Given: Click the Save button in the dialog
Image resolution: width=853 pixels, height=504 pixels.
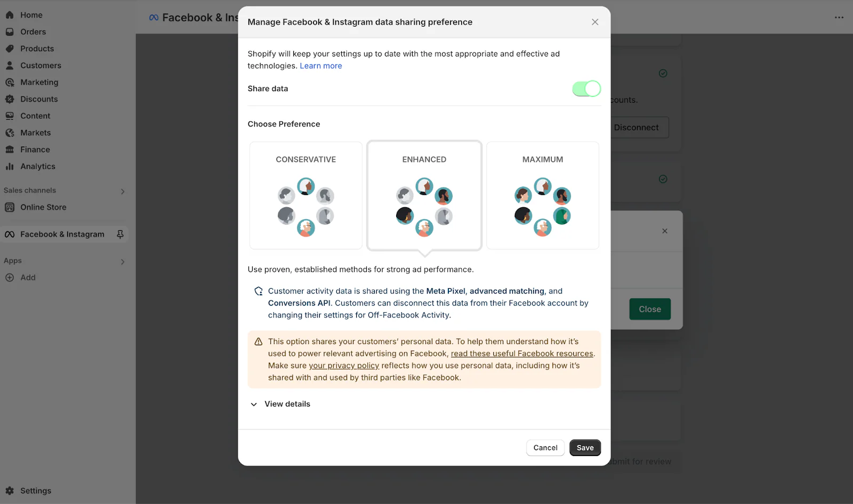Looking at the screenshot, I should click(x=585, y=448).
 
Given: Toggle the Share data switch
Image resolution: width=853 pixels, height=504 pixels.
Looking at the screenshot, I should click(x=586, y=88).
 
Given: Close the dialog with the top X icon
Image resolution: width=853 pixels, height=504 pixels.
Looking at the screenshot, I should click(x=595, y=22).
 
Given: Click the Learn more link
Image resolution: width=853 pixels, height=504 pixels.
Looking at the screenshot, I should click(x=321, y=66).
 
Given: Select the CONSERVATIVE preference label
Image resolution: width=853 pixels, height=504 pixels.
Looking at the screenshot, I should click(x=305, y=159).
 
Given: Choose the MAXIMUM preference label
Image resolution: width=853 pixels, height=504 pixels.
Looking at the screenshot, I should click(x=542, y=159).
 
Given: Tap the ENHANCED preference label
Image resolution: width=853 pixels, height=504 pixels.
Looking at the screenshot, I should click(x=424, y=159).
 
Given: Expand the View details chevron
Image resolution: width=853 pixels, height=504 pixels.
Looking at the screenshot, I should click(x=254, y=404).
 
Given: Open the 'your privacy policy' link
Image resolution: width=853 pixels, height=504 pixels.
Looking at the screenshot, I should click(x=344, y=365).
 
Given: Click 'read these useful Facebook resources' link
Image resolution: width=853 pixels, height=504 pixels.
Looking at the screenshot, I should click(x=522, y=353).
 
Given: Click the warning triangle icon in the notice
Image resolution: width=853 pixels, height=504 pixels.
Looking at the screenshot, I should click(x=259, y=342).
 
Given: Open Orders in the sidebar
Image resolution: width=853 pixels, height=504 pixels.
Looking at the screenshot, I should click(x=33, y=32).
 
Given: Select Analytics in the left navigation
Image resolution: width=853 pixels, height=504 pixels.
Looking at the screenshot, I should click(x=37, y=166).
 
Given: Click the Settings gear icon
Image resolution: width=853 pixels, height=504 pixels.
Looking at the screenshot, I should click(x=10, y=491).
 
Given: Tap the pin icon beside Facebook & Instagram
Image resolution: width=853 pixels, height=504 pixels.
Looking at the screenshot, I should click(x=120, y=234).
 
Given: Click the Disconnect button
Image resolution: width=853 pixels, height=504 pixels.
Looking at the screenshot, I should click(x=636, y=127).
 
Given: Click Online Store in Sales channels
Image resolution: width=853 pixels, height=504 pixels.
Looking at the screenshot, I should click(x=43, y=207).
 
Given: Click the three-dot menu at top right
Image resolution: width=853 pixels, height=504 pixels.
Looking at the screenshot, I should click(x=839, y=18).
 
